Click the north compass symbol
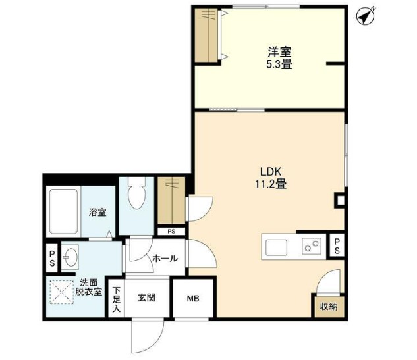tap(366, 16)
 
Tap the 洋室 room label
tap(279, 52)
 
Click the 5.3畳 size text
tap(279, 64)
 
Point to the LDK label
tap(271, 172)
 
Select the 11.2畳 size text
tap(271, 184)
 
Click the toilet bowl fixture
tap(137, 193)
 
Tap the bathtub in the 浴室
tap(63, 211)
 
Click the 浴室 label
tap(97, 212)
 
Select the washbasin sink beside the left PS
tap(70, 257)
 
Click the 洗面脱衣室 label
tap(88, 286)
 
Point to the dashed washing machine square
tap(62, 292)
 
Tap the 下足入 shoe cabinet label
tap(116, 299)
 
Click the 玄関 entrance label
tap(146, 297)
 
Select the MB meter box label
tap(193, 298)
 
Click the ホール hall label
tap(165, 258)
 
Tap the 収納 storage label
tap(329, 307)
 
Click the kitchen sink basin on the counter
tap(277, 247)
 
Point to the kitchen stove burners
tap(312, 245)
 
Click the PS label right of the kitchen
tap(337, 245)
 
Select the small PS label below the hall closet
tap(171, 232)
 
